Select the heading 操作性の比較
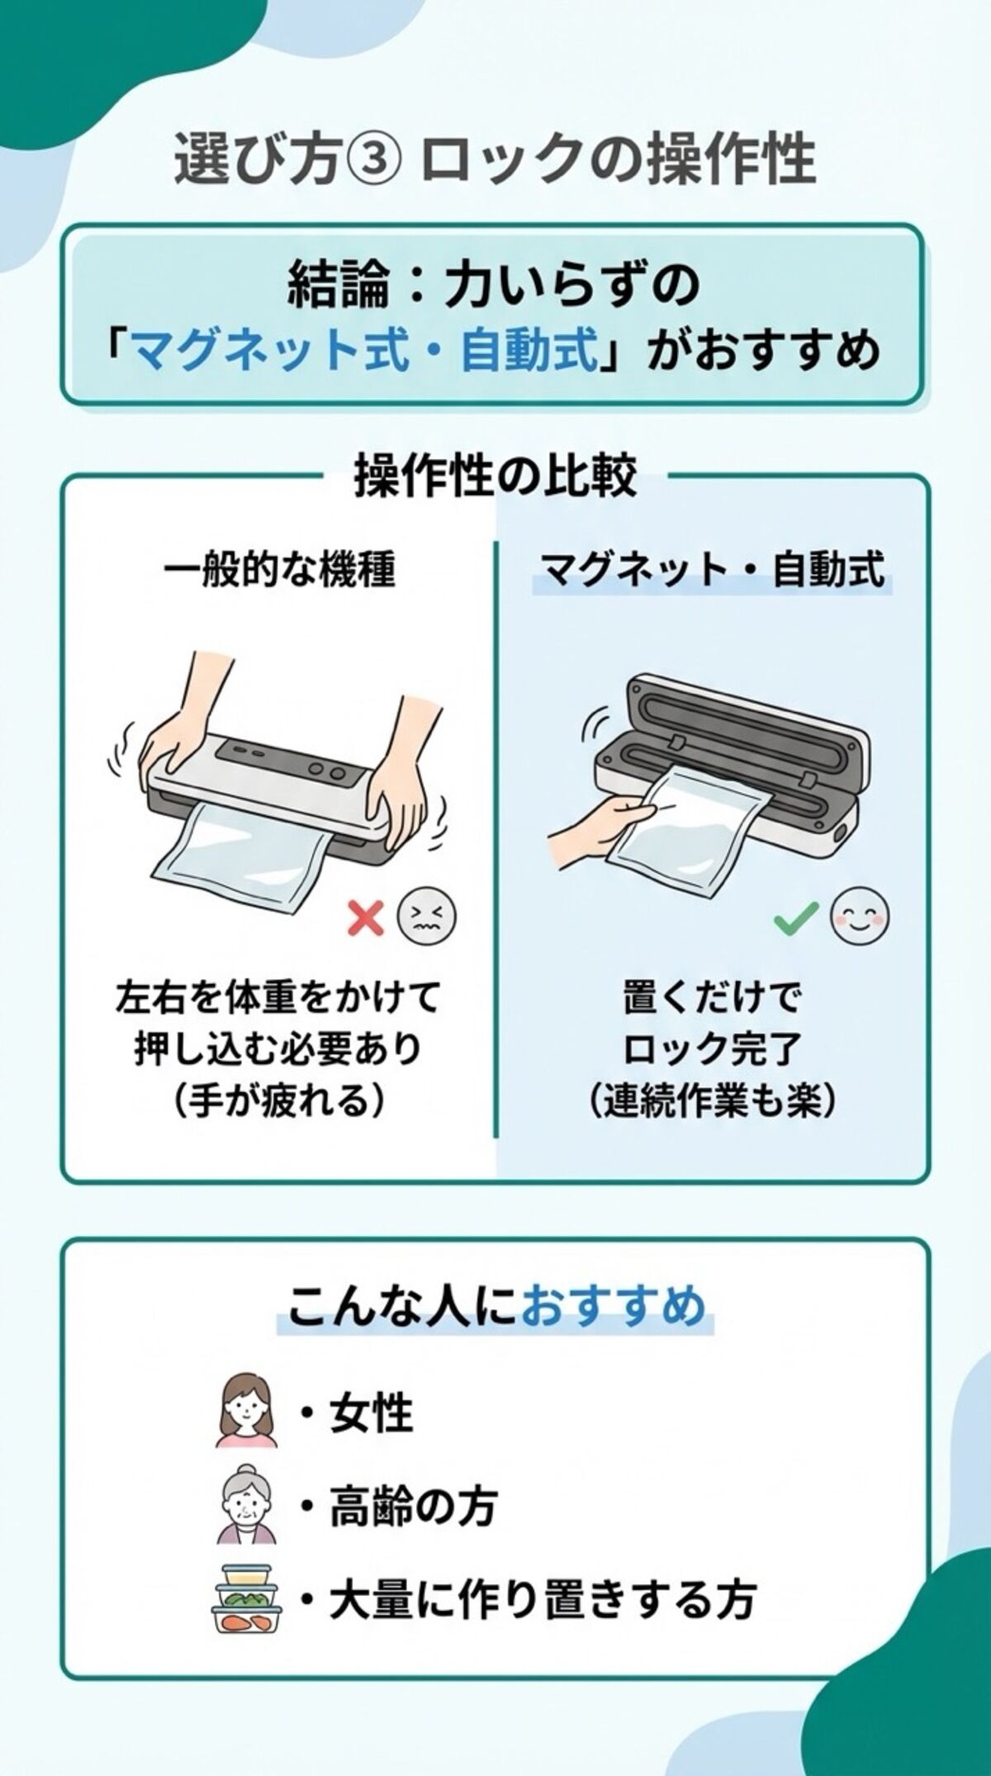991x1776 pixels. tap(495, 478)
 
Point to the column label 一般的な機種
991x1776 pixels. tap(280, 570)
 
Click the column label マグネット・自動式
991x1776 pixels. tap(711, 570)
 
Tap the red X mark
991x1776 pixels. tap(366, 917)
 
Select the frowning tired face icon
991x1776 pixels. tap(427, 917)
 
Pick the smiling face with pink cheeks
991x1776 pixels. tap(860, 916)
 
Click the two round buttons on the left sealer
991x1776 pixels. tap(327, 771)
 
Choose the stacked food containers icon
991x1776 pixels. tap(246, 1598)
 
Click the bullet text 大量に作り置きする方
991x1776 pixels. tap(541, 1598)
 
